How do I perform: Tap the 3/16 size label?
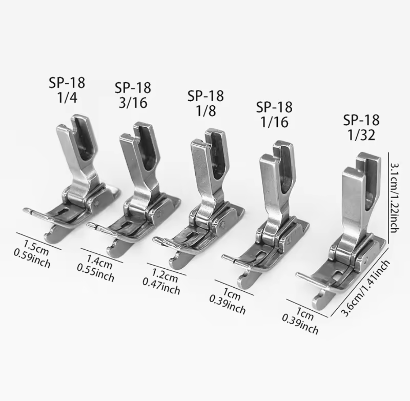pyautogui.click(x=133, y=103)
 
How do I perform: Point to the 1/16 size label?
pyautogui.click(x=275, y=122)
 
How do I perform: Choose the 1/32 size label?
pyautogui.click(x=361, y=135)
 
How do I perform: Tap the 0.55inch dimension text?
pyautogui.click(x=95, y=274)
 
